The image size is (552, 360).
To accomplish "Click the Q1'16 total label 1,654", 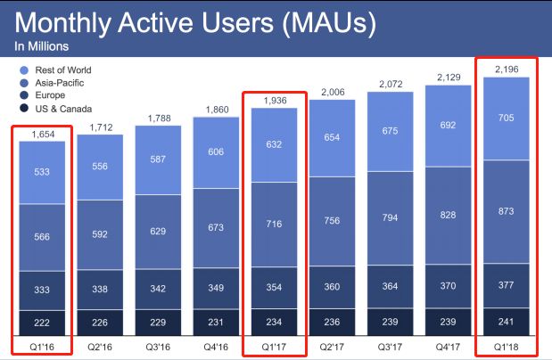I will (x=42, y=133).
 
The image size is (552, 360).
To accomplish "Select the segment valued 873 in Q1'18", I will (x=505, y=213).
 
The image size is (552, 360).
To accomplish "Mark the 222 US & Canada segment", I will (x=42, y=323).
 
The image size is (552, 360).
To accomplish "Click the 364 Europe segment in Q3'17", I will (x=390, y=286).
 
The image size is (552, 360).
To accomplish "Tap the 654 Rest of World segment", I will (x=332, y=137).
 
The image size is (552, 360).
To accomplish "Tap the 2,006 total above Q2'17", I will (x=332, y=92).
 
